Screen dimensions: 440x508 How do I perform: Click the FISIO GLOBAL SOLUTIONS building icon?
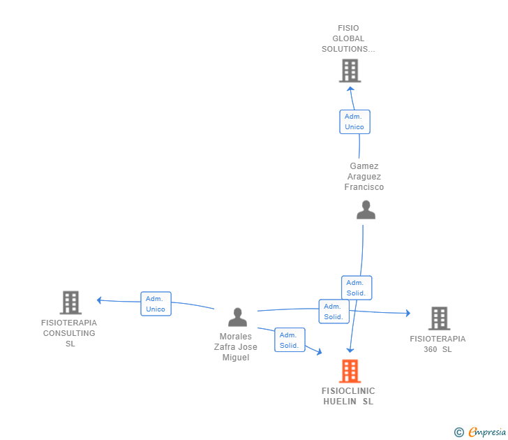(x=350, y=71)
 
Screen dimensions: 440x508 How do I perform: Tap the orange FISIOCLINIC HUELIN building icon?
(x=350, y=371)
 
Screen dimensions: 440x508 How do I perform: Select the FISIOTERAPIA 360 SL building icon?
(x=439, y=318)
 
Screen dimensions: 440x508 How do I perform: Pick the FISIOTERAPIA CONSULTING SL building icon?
(x=70, y=302)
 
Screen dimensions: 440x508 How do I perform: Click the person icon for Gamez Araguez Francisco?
(x=366, y=210)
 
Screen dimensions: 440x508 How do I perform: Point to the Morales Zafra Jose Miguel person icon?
(x=238, y=318)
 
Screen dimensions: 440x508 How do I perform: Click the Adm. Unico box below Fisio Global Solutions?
(x=354, y=122)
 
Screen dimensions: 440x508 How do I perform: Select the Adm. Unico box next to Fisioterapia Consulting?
(x=156, y=304)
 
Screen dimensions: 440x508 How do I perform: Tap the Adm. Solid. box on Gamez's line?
(x=357, y=288)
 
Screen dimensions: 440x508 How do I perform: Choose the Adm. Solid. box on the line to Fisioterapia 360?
(x=334, y=311)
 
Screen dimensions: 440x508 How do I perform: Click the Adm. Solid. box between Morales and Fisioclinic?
(x=290, y=340)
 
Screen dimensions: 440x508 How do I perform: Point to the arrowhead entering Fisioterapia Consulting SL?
(x=100, y=300)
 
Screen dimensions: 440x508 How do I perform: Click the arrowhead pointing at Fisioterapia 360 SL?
(x=408, y=314)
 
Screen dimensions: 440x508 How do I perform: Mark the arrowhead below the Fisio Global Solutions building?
(x=350, y=89)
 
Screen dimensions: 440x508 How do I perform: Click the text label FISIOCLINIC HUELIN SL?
(x=348, y=396)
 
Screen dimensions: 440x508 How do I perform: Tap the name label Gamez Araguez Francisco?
(x=364, y=177)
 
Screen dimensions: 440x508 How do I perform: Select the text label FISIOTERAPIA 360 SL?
(x=438, y=344)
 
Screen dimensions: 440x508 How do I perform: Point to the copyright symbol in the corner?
(x=458, y=432)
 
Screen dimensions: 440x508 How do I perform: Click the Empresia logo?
(x=487, y=432)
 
